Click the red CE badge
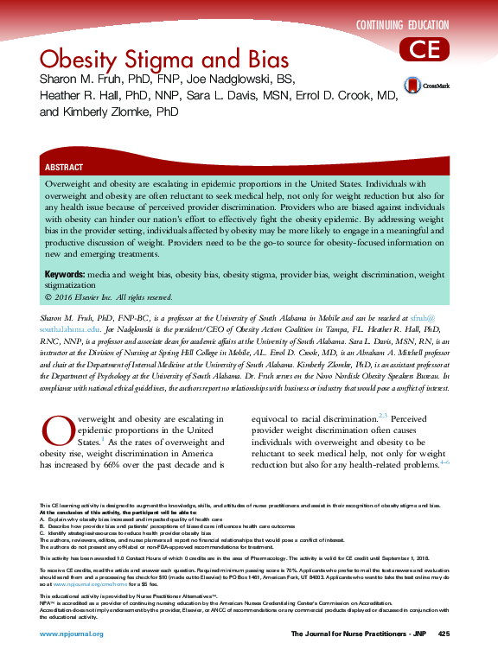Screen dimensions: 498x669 coord(425,49)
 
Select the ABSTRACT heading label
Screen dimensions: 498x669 coord(64,167)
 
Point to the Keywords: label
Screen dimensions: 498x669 coord(64,274)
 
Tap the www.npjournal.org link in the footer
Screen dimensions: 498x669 coord(72,634)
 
